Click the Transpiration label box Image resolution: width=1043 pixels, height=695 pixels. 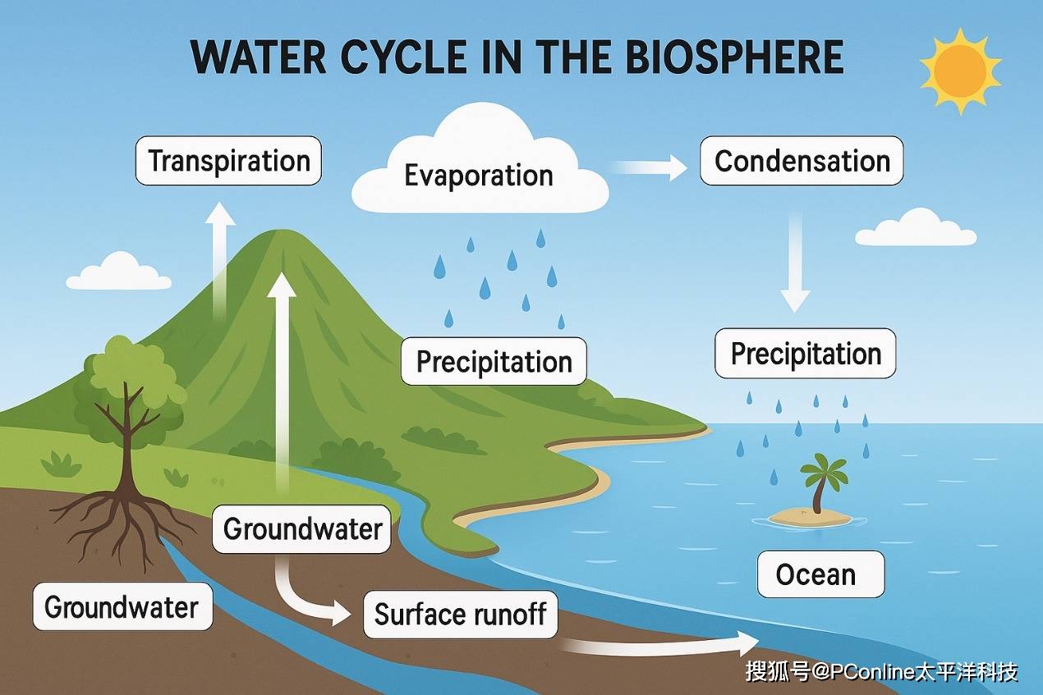click(x=228, y=161)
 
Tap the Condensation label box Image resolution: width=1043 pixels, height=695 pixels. click(x=802, y=161)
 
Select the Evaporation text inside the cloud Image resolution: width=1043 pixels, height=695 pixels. click(x=479, y=176)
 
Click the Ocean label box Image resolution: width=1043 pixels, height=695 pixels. click(x=821, y=574)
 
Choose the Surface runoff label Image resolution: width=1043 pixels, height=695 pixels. click(x=460, y=614)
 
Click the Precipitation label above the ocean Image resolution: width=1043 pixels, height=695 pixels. click(x=806, y=353)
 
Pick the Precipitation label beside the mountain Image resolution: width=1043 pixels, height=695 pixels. click(x=494, y=362)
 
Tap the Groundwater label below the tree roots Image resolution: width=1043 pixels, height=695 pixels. click(x=122, y=606)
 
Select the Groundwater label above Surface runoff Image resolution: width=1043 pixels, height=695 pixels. click(x=301, y=529)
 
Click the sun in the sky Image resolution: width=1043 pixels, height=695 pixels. click(x=960, y=71)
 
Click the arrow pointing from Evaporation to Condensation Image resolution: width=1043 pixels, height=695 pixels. click(x=649, y=167)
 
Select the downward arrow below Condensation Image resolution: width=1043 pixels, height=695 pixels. click(x=795, y=263)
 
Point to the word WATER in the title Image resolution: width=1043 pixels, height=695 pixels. click(x=259, y=57)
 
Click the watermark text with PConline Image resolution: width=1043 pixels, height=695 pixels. click(x=881, y=672)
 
